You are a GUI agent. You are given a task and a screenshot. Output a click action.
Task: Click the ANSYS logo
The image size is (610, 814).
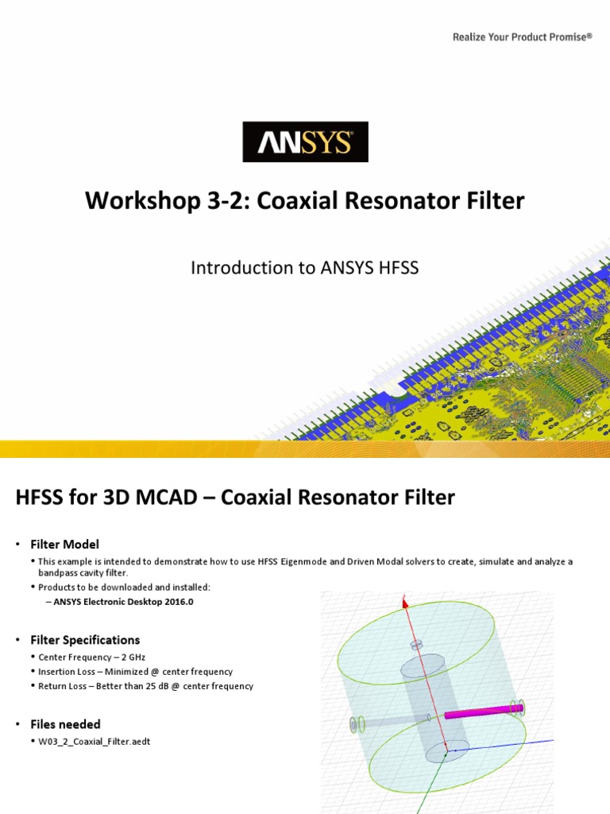[305, 142]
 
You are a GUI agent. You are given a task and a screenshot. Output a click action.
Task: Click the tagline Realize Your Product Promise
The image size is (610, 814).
[522, 37]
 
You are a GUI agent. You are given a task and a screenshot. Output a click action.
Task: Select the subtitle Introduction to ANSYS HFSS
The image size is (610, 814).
[304, 268]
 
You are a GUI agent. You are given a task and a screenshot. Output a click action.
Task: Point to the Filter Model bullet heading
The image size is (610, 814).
[64, 545]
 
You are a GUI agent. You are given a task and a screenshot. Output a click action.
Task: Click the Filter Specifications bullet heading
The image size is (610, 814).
[85, 640]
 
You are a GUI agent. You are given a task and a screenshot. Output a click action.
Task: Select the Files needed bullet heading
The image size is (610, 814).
[65, 724]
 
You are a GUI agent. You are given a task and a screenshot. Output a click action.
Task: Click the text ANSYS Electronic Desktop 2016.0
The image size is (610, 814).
[125, 602]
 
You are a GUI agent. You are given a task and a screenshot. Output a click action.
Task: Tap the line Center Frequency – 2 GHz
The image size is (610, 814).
[91, 657]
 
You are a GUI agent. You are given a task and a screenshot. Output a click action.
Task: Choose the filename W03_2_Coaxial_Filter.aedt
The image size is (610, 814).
[95, 742]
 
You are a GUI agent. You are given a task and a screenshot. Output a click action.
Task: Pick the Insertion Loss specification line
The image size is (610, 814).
[135, 672]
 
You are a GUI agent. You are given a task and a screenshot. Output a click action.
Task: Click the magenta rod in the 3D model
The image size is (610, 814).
[477, 711]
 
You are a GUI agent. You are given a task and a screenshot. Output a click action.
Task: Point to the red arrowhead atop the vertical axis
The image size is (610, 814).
[405, 603]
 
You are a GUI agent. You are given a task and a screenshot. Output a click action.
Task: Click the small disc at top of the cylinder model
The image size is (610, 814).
[415, 645]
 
